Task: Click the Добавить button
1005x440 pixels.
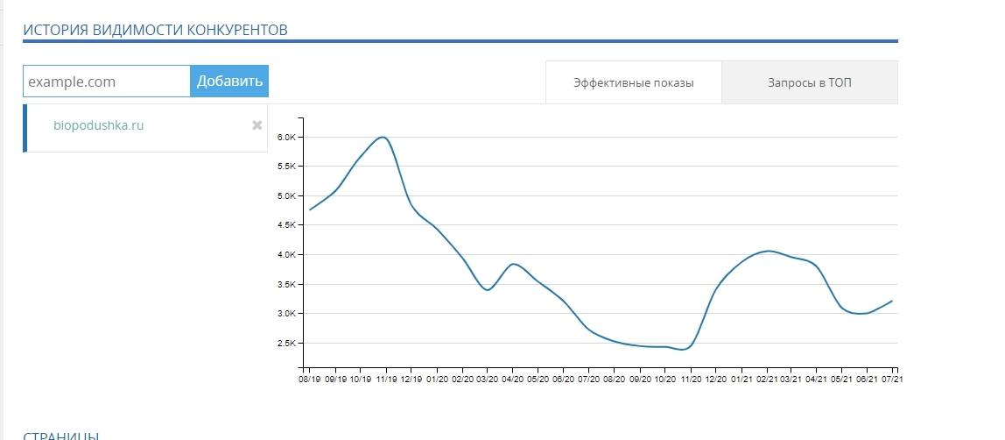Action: (229, 82)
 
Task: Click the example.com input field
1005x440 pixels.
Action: (107, 82)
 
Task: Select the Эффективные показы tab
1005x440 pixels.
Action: (634, 83)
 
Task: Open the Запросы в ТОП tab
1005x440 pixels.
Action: (810, 83)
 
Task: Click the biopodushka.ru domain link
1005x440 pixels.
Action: (98, 125)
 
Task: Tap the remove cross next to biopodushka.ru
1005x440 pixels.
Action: (257, 125)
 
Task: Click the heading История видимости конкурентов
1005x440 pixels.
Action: (155, 30)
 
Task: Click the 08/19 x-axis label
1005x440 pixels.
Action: (310, 380)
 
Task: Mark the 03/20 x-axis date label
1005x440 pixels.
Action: (487, 380)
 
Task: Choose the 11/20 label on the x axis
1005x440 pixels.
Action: (691, 380)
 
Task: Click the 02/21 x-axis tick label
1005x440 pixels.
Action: (767, 380)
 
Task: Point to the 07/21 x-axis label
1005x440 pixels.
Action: (894, 380)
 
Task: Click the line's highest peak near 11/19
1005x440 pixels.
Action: (383, 137)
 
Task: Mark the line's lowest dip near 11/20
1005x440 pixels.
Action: (684, 349)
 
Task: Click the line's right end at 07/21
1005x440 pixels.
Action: (892, 301)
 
